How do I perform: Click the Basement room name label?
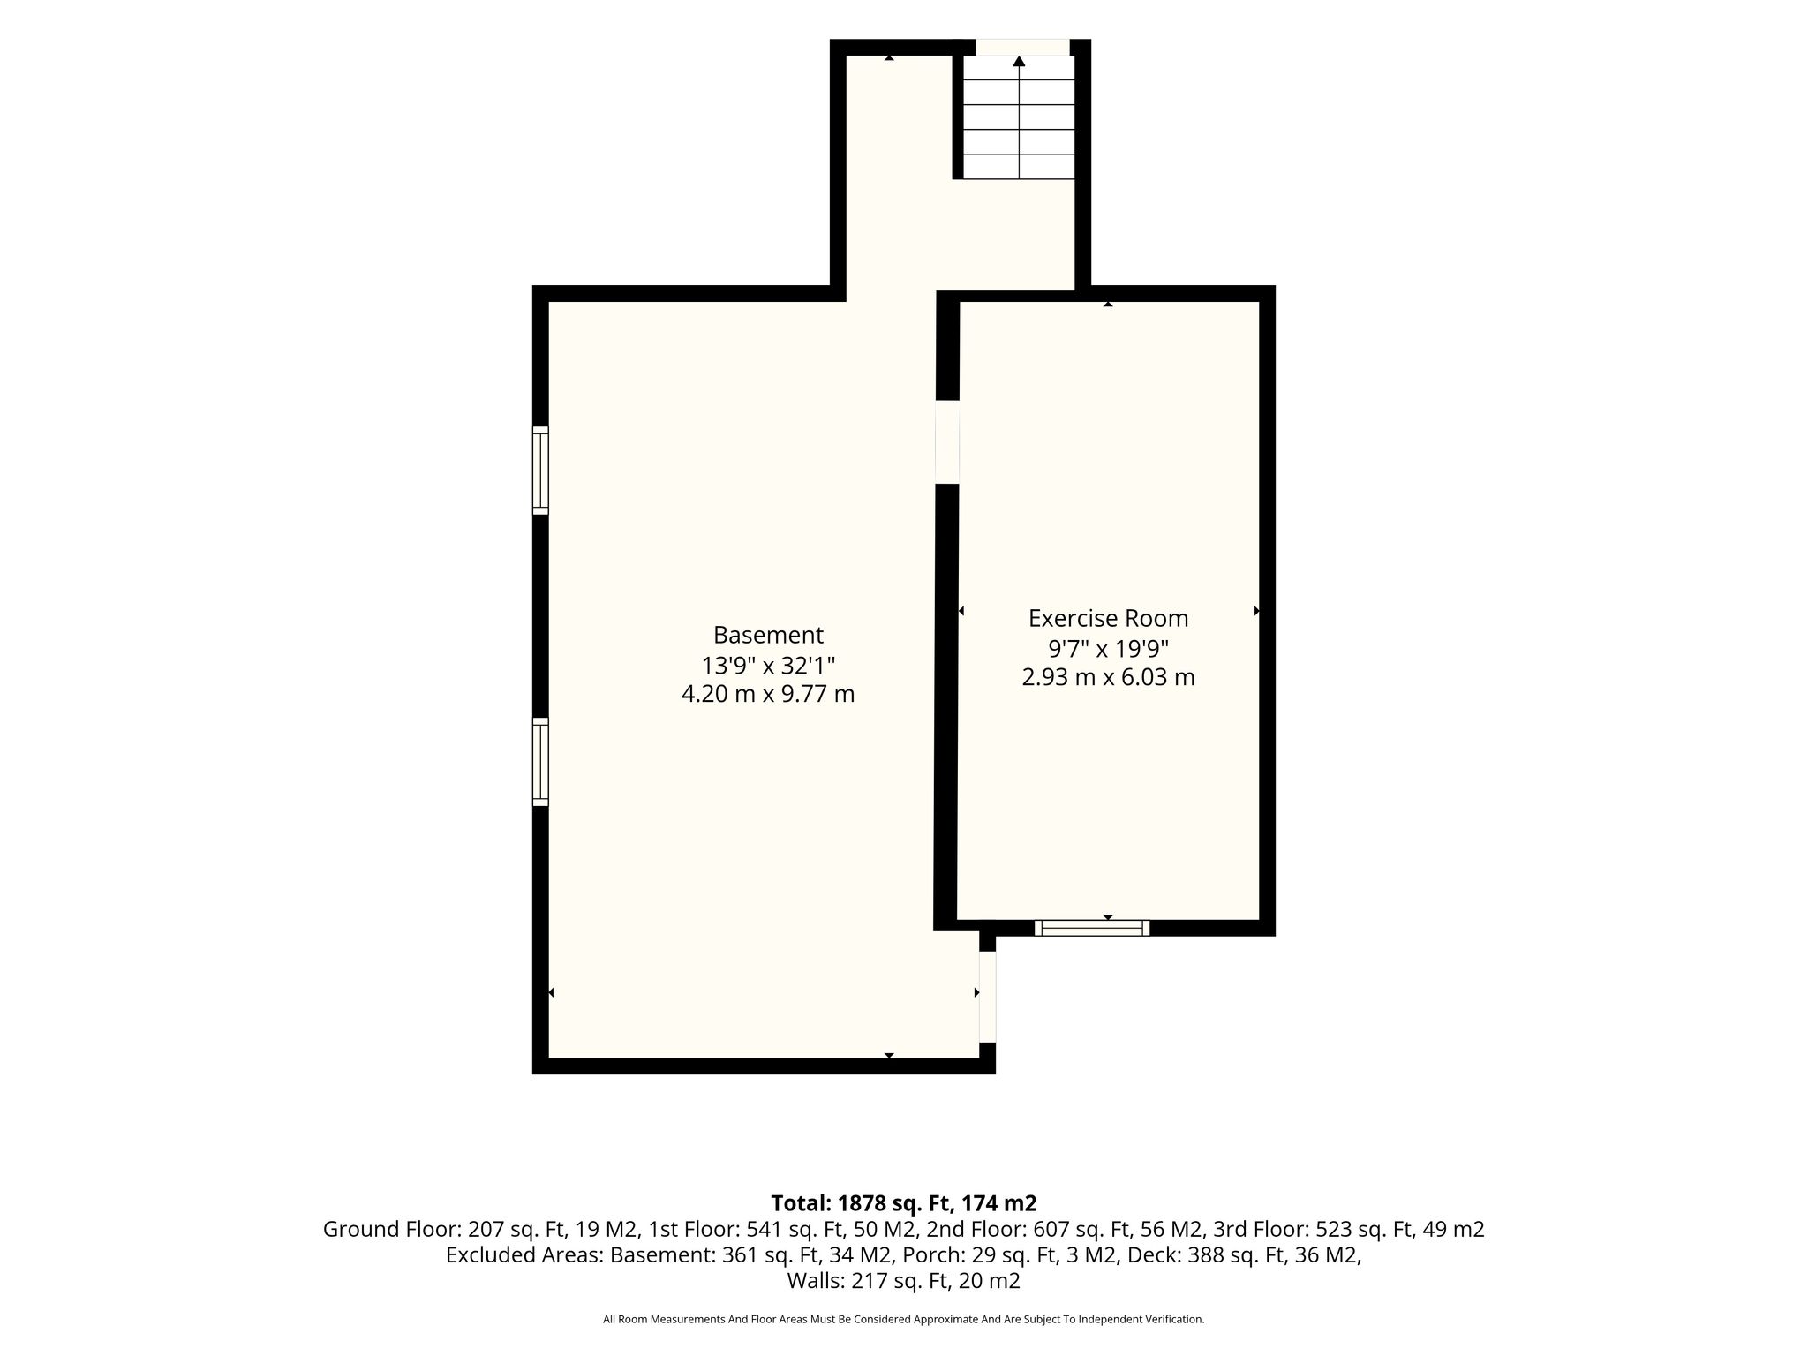pyautogui.click(x=768, y=635)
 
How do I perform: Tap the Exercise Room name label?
pyautogui.click(x=1108, y=618)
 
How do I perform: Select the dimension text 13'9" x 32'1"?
pyautogui.click(x=768, y=665)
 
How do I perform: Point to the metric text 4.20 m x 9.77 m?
pyautogui.click(x=768, y=694)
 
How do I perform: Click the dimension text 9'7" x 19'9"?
pyautogui.click(x=1108, y=648)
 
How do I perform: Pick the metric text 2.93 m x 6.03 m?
pyautogui.click(x=1108, y=677)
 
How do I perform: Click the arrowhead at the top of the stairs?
pyautogui.click(x=1019, y=61)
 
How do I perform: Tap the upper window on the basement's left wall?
pyautogui.click(x=540, y=470)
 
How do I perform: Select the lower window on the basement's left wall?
pyautogui.click(x=540, y=762)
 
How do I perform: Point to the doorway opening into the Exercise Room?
pyautogui.click(x=947, y=442)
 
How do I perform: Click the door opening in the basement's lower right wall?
pyautogui.click(x=988, y=997)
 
